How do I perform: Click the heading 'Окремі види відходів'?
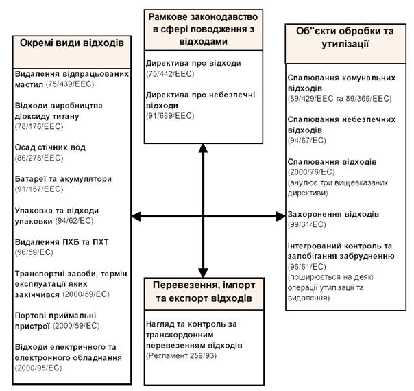[x=72, y=43]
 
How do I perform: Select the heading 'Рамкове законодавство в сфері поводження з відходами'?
[x=203, y=29]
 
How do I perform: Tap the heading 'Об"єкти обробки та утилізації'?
[x=345, y=37]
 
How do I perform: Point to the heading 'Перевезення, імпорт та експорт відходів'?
[x=204, y=292]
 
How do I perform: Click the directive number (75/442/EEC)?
[x=170, y=74]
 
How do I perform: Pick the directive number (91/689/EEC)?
[x=170, y=116]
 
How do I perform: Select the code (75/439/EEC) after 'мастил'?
[x=70, y=84]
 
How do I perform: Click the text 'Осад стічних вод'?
[x=50, y=147]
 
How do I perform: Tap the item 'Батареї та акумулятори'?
[x=63, y=179]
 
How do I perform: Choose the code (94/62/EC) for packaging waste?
[x=75, y=221]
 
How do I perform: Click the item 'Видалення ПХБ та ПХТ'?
[x=62, y=242]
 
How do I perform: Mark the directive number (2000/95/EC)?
[x=38, y=368]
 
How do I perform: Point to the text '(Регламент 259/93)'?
[x=182, y=356]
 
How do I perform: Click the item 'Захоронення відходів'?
[x=333, y=214]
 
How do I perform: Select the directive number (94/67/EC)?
[x=307, y=141]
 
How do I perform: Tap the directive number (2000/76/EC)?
[x=311, y=172]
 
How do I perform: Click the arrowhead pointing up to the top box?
[x=203, y=148]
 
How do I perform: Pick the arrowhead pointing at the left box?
[x=136, y=216]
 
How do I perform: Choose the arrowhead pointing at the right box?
[x=280, y=216]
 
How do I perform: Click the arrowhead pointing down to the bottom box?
[x=203, y=273]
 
